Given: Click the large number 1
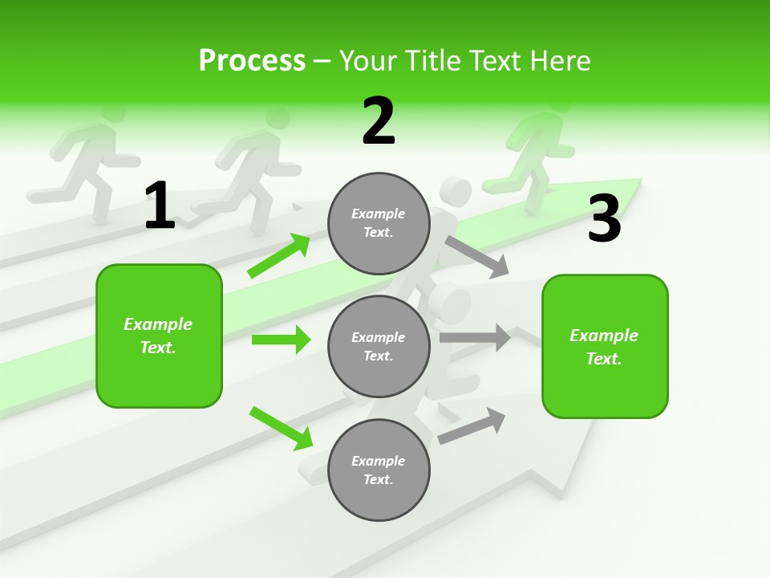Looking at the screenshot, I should point(160,206).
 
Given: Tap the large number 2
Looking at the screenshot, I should point(379,121).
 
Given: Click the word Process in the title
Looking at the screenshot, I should point(252,60).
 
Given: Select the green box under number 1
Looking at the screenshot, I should point(159,336).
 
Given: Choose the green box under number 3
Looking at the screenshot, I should point(604,346).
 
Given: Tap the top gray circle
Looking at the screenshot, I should point(379,223).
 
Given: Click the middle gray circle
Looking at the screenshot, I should point(379,346).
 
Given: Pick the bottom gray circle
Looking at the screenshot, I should point(379,470).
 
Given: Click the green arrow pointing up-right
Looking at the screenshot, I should point(279,255).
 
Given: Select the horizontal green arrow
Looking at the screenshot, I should point(281,340).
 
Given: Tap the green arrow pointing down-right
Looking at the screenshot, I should point(281,428).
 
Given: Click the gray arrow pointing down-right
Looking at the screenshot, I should point(476,257).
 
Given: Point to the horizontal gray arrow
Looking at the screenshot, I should point(475,338).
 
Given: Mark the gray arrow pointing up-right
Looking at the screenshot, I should point(472,425).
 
